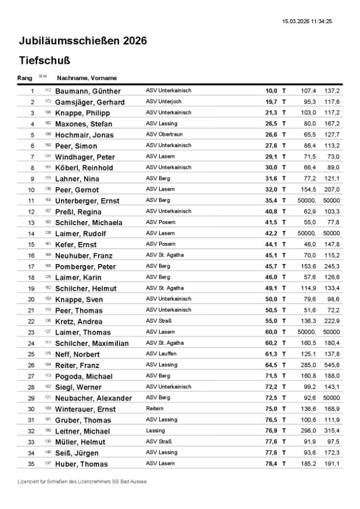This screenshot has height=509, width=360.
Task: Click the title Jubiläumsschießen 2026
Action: coord(82,41)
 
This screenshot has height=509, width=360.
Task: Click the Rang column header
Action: coord(25,78)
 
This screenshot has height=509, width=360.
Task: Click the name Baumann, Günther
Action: coord(87,91)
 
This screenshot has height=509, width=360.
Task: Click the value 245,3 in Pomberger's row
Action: coord(331,266)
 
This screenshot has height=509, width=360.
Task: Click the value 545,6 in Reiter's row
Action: coord(331,365)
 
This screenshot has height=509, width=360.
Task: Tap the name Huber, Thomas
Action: coord(81,464)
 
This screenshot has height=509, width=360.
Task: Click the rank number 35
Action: coord(32,464)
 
